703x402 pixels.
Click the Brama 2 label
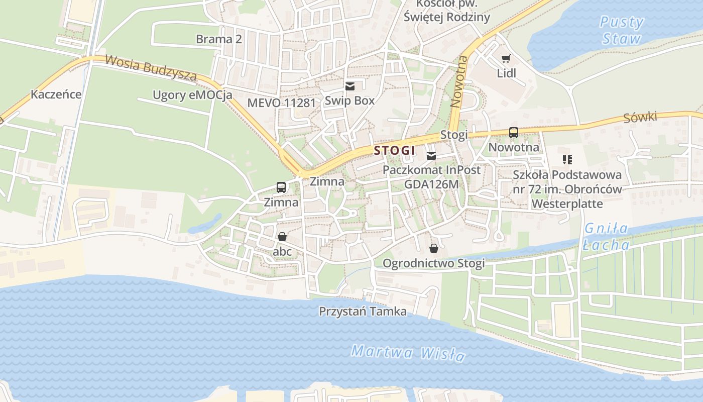(x=219, y=39)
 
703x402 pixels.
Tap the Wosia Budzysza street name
(x=150, y=68)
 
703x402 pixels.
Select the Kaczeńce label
(x=56, y=94)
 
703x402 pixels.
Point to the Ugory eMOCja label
(x=192, y=95)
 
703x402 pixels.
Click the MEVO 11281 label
(x=282, y=103)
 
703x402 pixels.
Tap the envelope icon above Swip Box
(x=350, y=86)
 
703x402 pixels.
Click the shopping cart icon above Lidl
(x=506, y=59)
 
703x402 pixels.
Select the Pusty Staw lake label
(x=622, y=30)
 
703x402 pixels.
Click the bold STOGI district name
(x=395, y=150)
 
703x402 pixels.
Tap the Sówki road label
(x=640, y=118)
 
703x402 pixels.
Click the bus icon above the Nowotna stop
(x=514, y=133)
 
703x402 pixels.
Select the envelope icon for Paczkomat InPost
(x=431, y=156)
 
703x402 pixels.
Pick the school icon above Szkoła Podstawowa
(x=567, y=160)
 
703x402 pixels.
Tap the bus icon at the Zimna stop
(x=281, y=187)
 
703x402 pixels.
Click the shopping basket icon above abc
(x=282, y=236)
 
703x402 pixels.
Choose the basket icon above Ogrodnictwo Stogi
(x=434, y=248)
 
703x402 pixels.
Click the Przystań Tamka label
(x=363, y=312)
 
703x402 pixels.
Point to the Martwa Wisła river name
(x=408, y=353)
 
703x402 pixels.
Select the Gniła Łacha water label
(x=607, y=237)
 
